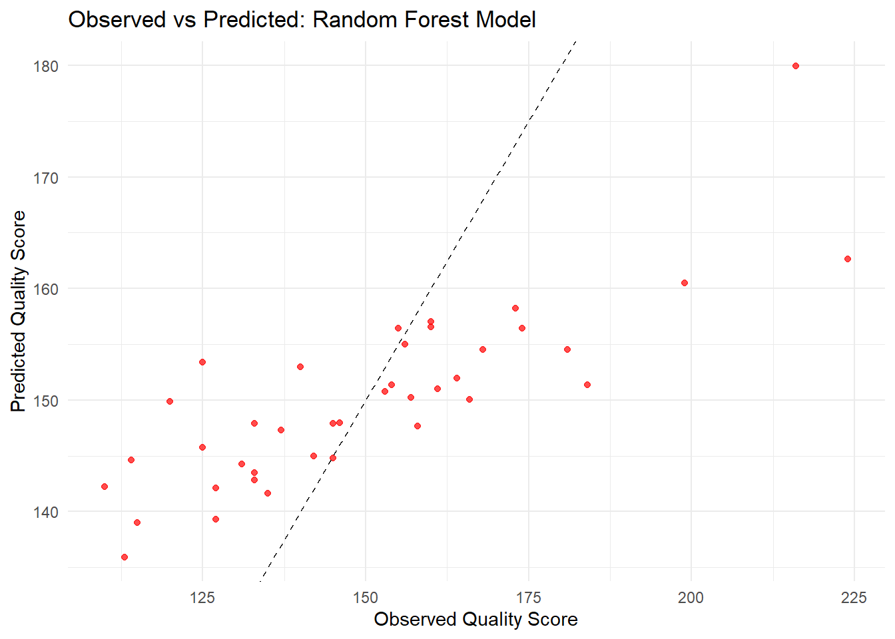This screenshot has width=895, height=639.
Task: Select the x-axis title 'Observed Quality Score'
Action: point(475,619)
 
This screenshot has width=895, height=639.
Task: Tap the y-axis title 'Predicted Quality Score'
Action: point(19,311)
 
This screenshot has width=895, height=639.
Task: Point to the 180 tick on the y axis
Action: point(45,66)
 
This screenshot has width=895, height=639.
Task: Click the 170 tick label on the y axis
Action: point(45,178)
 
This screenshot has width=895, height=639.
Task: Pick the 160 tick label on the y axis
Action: point(45,289)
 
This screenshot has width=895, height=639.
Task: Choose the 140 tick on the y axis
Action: point(45,512)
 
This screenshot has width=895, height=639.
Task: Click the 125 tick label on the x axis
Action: point(202,597)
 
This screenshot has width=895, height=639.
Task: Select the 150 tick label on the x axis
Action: point(365,597)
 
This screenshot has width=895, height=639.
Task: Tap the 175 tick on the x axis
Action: point(528,597)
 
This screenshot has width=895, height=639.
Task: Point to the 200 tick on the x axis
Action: point(691,597)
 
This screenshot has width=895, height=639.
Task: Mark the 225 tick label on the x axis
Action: point(854,597)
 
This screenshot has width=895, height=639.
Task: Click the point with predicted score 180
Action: point(796,66)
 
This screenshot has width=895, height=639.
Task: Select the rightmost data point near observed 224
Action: point(848,259)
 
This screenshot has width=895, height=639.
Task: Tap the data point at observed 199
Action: point(685,283)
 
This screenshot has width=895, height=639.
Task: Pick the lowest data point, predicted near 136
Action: point(125,557)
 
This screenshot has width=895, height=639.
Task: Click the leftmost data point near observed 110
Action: point(105,487)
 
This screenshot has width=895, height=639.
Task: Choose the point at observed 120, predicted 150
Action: point(170,401)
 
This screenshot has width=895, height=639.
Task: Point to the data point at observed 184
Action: point(587,385)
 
